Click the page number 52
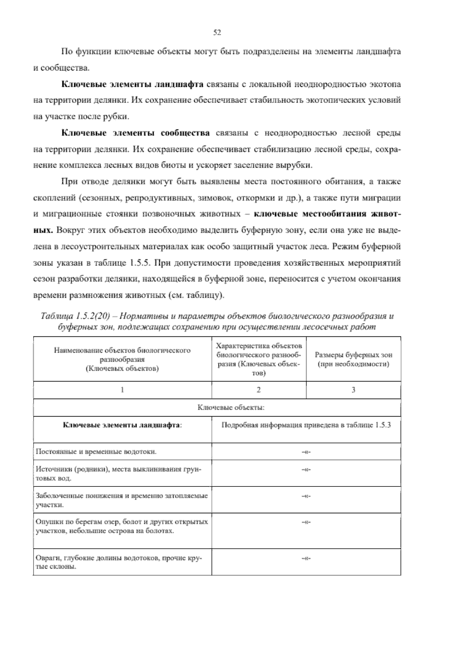pos(218,33)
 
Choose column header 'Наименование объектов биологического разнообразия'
pos(122,359)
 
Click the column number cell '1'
pos(122,390)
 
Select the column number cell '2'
pos(259,390)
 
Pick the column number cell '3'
pos(353,390)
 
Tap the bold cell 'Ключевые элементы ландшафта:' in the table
pos(122,425)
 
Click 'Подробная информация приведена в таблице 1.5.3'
pos(306,425)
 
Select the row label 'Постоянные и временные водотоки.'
pos(96,452)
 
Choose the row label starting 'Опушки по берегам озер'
pos(121,526)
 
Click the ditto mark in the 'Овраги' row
pos(306,558)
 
